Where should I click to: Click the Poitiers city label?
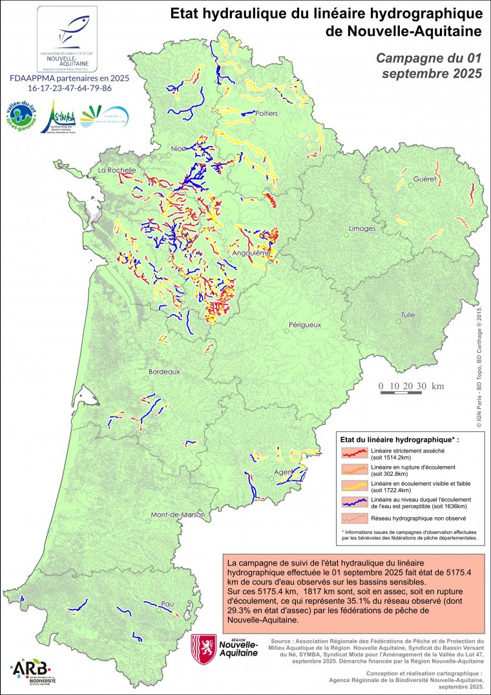(266, 113)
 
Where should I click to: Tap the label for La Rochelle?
(117, 170)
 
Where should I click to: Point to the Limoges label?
(362, 229)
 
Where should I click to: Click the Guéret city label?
(426, 178)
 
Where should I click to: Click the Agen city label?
(282, 472)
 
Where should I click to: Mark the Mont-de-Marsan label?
(177, 515)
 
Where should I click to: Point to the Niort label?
(178, 149)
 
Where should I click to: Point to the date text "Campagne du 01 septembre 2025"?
(429, 66)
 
